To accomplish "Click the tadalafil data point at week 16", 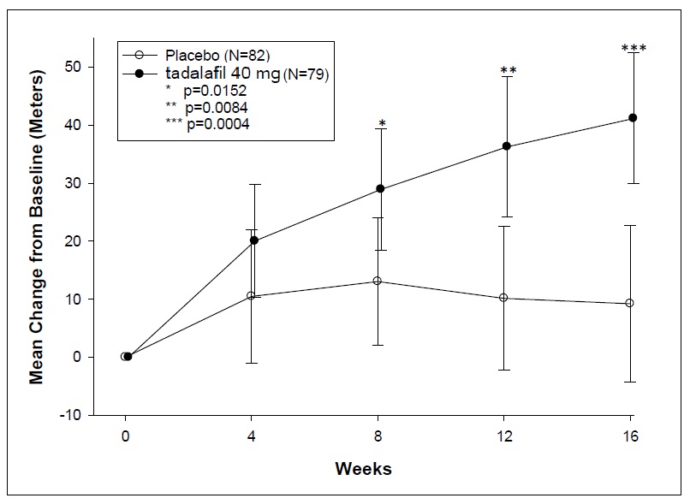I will [633, 117].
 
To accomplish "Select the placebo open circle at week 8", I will [378, 281].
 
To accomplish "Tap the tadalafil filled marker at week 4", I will [254, 240].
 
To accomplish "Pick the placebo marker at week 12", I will [503, 298].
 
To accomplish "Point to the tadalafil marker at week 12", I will [506, 146].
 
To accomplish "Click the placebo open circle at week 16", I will [630, 303].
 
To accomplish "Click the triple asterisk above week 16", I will [633, 49].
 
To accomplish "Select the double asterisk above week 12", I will [508, 71].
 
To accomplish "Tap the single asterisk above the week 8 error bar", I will [381, 114].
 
